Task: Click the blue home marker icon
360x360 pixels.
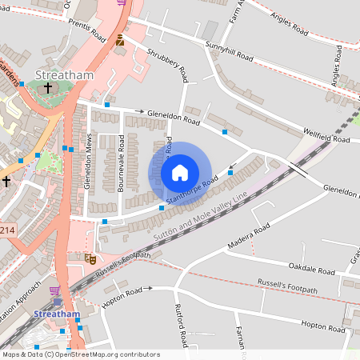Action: (180, 172)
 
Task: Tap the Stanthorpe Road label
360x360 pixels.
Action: (192, 190)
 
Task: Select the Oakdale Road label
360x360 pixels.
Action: (312, 270)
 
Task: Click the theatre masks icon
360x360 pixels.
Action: (90, 259)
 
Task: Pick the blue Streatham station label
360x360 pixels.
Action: (57, 314)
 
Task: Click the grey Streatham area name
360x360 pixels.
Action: (65, 75)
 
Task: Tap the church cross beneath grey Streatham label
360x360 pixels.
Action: (48, 88)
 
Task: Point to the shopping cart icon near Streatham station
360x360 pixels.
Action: (54, 291)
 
